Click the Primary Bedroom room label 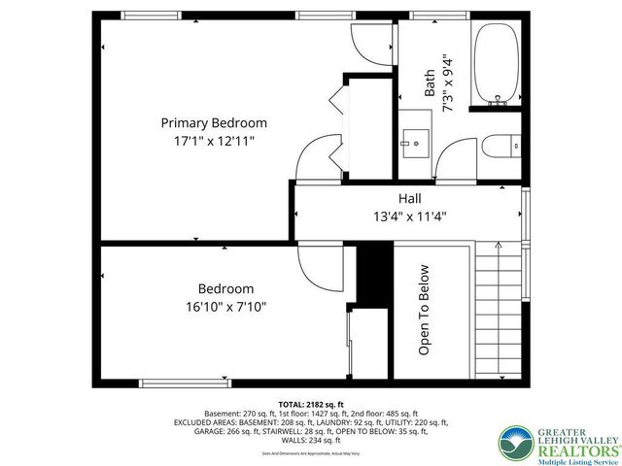click(214, 123)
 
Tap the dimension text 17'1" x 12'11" click(214, 141)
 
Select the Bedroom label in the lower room click(225, 288)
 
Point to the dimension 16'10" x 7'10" click(225, 306)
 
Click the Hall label click(409, 198)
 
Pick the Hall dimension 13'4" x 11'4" click(409, 216)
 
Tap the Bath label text click(429, 83)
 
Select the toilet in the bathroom click(497, 150)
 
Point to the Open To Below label click(425, 310)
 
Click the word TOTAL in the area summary click(293, 403)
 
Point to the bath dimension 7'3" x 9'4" click(447, 83)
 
